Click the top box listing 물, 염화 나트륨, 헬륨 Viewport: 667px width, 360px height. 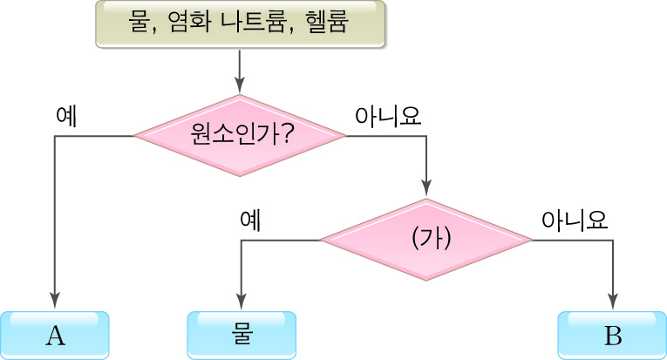[x=239, y=24]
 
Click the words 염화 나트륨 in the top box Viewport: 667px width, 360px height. [x=228, y=22]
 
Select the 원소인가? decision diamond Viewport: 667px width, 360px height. [x=239, y=136]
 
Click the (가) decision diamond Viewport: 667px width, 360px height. [x=426, y=240]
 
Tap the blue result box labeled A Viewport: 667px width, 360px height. [x=54, y=335]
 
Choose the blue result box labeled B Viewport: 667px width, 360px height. [x=611, y=335]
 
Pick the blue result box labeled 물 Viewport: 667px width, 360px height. [x=242, y=335]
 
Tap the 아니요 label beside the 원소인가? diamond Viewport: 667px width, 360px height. [x=387, y=116]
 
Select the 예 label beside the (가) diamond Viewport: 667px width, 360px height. [x=251, y=220]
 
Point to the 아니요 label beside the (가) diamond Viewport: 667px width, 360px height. [x=574, y=220]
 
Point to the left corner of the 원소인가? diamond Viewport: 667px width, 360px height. [x=136, y=136]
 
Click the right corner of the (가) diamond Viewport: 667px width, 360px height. [x=530, y=240]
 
